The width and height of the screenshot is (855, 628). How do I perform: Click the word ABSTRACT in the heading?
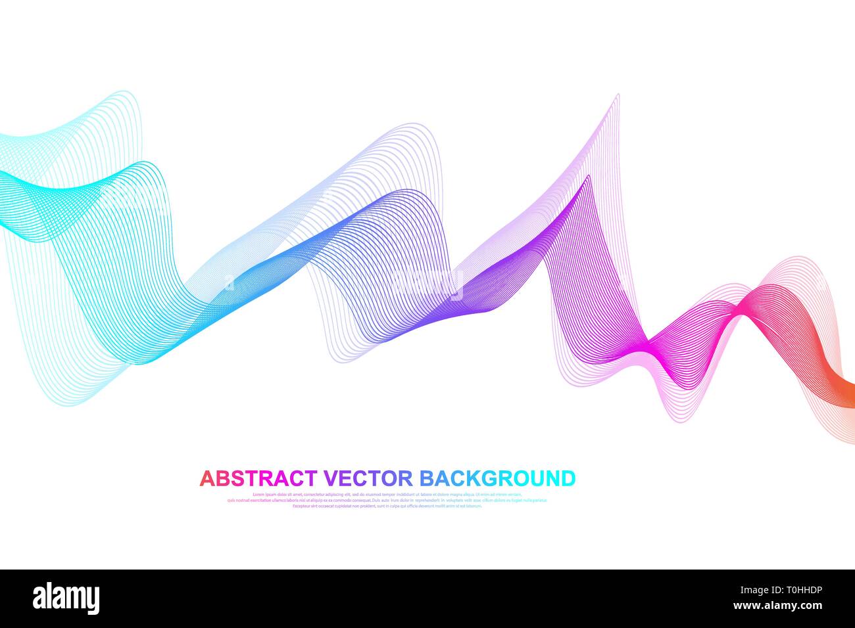(258, 478)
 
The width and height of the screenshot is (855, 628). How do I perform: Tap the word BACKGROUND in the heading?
(497, 478)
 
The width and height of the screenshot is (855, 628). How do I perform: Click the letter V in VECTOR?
(330, 478)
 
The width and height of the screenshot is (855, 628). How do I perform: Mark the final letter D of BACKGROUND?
(567, 478)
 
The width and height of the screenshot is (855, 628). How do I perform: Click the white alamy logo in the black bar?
(66, 598)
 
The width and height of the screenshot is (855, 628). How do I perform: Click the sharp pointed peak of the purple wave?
(617, 97)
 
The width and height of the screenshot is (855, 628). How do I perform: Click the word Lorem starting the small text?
(258, 494)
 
